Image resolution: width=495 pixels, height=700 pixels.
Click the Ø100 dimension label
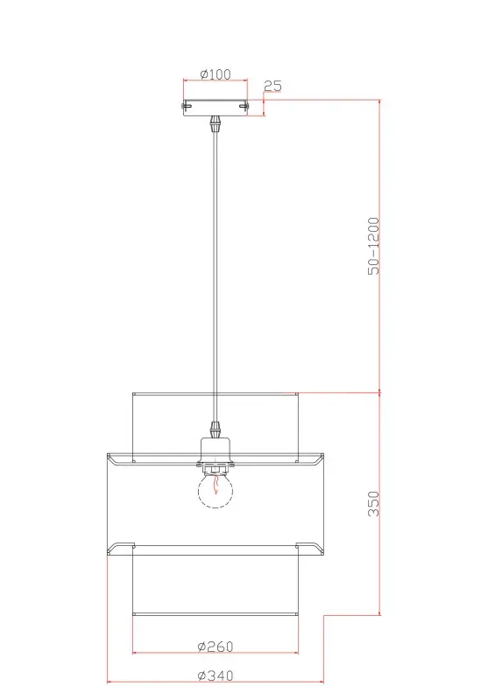[216, 73]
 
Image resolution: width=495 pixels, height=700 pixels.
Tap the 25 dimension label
[272, 86]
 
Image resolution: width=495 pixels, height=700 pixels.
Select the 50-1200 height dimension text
[373, 246]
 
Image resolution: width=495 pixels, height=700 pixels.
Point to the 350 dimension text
[373, 504]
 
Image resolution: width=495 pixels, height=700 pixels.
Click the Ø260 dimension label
[216, 646]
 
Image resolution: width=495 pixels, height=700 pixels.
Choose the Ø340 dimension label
[216, 675]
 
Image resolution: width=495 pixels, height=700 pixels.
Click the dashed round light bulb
[216, 491]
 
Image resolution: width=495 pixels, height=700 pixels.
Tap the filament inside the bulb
[216, 485]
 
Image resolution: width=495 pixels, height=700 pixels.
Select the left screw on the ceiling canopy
[186, 106]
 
